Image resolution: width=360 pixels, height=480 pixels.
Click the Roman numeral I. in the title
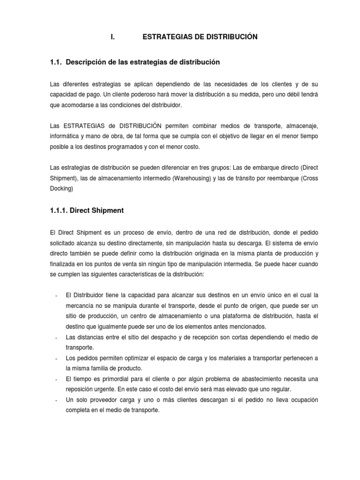[113, 37]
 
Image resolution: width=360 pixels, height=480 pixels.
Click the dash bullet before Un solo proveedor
[56, 400]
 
